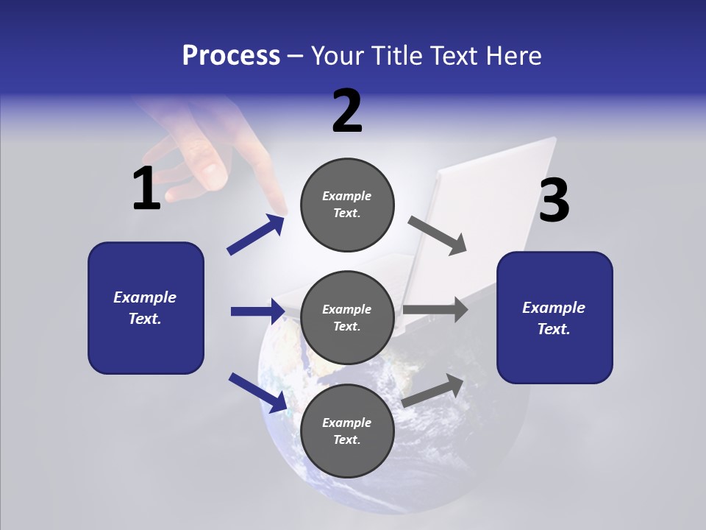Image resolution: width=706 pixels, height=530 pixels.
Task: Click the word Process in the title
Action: (231, 55)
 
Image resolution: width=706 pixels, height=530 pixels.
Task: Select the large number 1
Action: (146, 189)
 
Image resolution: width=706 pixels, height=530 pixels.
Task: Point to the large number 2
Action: (347, 111)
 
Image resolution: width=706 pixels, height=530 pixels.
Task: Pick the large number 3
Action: (554, 200)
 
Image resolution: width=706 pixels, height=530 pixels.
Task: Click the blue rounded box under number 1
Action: (146, 308)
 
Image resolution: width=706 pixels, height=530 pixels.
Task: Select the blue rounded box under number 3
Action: (555, 317)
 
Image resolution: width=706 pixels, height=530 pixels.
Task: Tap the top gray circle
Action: (347, 205)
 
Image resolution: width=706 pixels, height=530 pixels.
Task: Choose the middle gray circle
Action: (347, 317)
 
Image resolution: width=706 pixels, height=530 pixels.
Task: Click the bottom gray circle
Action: (347, 431)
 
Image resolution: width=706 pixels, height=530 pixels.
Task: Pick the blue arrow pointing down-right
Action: (257, 392)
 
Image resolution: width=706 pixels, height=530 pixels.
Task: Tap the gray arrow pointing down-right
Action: (438, 235)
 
